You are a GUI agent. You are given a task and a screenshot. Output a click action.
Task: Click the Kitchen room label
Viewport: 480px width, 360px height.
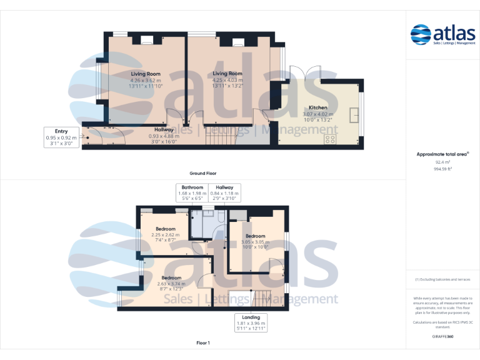click(318, 107)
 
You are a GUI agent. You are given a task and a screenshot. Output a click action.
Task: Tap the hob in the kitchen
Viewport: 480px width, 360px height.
click(329, 139)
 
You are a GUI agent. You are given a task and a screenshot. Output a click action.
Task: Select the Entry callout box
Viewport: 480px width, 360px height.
click(61, 137)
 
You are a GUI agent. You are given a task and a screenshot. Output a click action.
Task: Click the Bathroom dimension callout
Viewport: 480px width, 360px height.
click(192, 193)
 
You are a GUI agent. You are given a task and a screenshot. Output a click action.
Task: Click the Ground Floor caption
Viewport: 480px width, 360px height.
click(202, 173)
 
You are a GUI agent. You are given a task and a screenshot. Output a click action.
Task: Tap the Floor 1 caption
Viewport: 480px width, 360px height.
click(202, 343)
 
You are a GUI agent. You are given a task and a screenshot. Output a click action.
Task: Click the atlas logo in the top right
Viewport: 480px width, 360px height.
click(442, 34)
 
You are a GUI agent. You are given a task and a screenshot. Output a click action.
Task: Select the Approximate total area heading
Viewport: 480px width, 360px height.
click(442, 154)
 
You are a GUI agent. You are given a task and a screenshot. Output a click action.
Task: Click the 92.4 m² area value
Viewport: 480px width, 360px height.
click(442, 162)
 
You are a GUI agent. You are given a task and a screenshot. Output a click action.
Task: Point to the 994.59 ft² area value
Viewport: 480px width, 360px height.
click(442, 169)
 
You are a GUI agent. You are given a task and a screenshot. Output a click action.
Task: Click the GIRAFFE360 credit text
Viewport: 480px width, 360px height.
click(442, 337)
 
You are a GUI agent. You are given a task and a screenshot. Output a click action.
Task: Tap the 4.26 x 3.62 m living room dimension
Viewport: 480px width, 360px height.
click(146, 80)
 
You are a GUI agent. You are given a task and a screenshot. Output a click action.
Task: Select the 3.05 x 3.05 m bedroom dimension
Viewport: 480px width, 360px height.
click(255, 242)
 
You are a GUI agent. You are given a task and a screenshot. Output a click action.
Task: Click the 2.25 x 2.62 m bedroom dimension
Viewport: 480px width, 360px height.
click(166, 235)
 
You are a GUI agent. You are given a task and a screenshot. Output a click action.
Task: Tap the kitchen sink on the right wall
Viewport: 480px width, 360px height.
click(355, 116)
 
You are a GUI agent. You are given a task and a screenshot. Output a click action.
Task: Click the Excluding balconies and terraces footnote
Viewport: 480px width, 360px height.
click(442, 279)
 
